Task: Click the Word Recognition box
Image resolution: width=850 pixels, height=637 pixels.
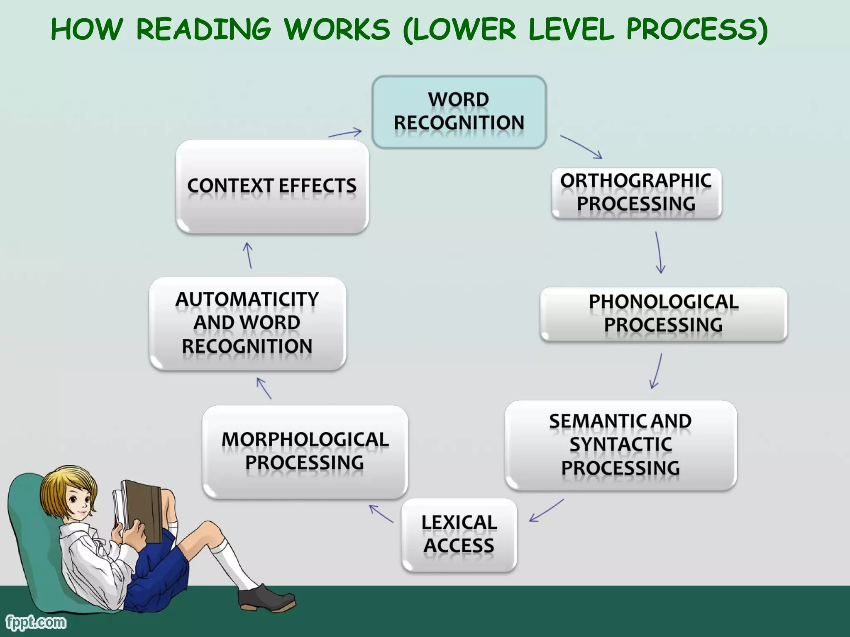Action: (459, 112)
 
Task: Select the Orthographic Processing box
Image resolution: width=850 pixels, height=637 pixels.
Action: (636, 193)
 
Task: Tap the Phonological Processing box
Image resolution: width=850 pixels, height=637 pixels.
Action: (663, 314)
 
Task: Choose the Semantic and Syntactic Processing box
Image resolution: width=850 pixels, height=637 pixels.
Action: (620, 445)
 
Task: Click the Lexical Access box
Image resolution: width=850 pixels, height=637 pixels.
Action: (459, 535)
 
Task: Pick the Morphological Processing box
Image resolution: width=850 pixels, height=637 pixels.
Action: (305, 452)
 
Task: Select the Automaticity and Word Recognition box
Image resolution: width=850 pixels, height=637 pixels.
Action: (247, 323)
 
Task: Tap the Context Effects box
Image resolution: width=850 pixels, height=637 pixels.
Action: (272, 186)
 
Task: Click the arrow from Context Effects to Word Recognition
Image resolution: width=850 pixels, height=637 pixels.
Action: (345, 133)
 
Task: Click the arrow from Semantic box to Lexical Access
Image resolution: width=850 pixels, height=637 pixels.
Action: (546, 511)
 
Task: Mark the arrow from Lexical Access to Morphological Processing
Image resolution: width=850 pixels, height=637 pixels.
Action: (381, 513)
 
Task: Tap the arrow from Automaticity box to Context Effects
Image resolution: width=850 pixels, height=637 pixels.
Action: (249, 255)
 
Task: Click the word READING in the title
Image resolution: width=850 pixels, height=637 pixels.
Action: (203, 30)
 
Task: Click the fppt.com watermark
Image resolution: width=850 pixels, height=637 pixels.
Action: (36, 622)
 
